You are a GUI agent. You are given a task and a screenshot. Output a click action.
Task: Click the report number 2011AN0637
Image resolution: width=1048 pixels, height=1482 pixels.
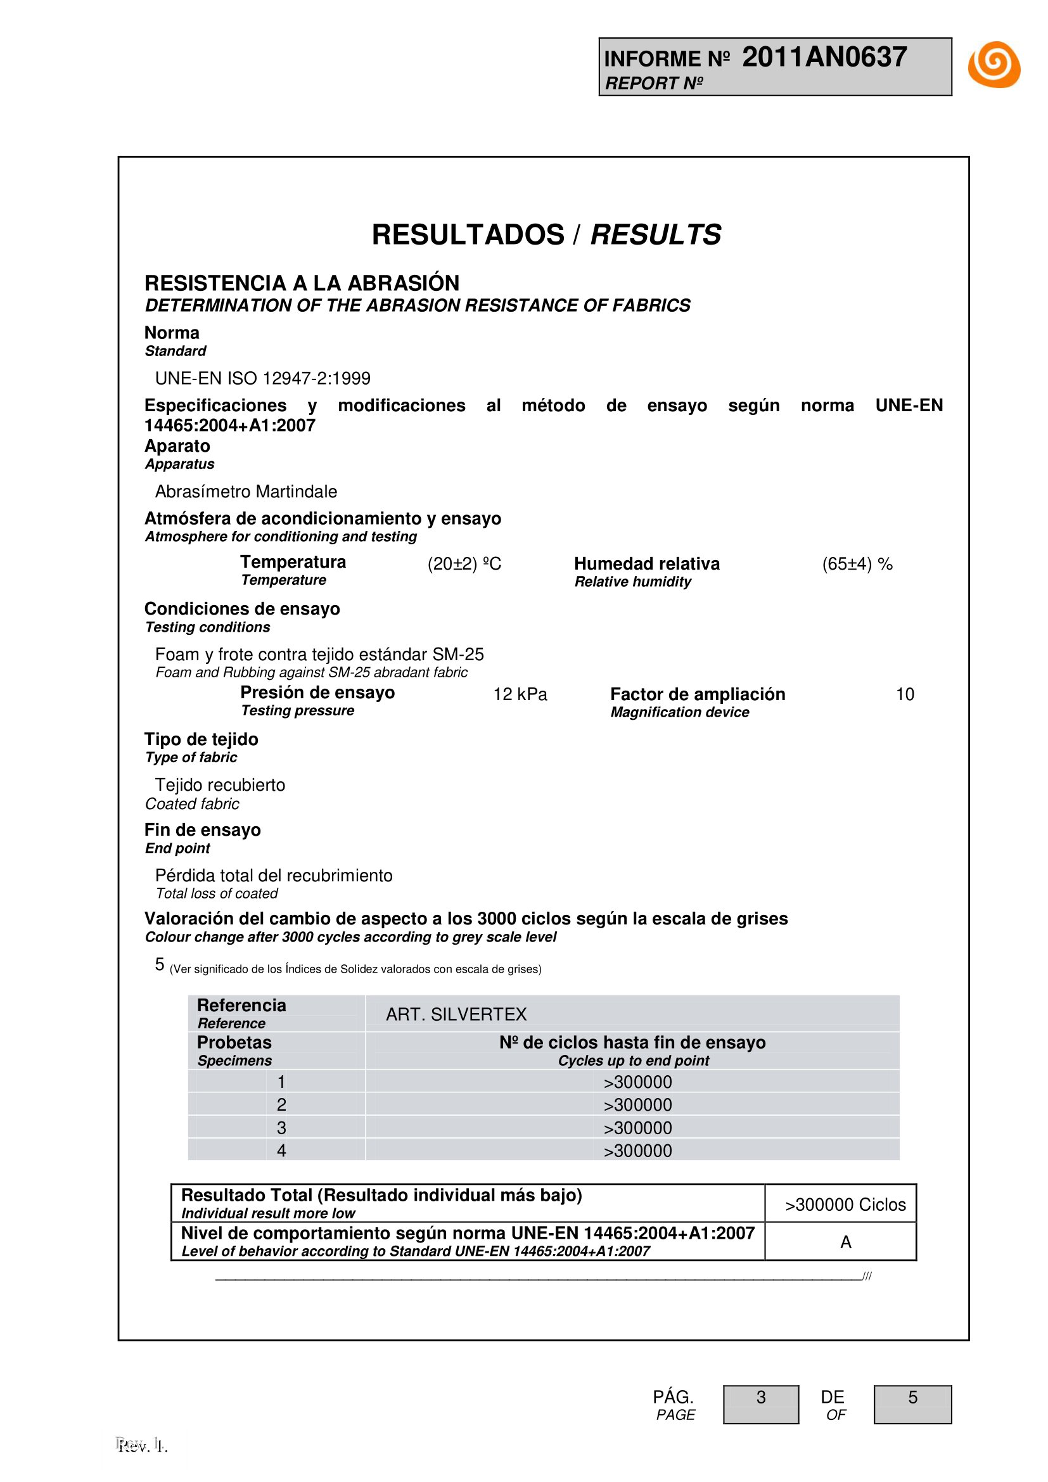[x=824, y=57]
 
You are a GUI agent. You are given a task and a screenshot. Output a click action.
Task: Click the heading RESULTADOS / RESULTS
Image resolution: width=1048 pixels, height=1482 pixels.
[x=546, y=234]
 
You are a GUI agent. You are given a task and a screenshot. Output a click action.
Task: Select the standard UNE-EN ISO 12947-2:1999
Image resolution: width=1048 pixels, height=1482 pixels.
[x=263, y=378]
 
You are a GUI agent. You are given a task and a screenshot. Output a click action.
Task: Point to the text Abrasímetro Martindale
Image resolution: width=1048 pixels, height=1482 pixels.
[x=246, y=491]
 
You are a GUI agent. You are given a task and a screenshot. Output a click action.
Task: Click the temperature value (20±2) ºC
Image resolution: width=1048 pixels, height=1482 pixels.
[x=464, y=563]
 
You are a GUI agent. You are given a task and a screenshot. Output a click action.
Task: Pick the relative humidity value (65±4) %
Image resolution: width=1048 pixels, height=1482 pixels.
[x=857, y=563]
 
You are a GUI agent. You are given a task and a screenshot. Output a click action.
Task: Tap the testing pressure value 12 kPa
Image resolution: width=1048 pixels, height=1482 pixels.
[x=520, y=694]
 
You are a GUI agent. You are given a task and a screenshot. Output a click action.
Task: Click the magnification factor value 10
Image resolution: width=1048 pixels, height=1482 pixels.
[x=905, y=694]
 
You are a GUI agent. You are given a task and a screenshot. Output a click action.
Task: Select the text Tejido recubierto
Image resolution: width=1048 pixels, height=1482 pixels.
[x=220, y=785]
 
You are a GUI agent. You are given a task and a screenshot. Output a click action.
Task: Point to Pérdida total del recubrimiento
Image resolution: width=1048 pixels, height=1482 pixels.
[x=274, y=875]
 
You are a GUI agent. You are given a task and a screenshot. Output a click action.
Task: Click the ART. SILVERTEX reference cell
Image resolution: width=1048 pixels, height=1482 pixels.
[x=456, y=1014]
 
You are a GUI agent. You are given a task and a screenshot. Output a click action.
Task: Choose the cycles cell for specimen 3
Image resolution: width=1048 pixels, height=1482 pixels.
[x=637, y=1128]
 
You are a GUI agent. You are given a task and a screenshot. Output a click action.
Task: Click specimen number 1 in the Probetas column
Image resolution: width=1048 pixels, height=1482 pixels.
[x=281, y=1082]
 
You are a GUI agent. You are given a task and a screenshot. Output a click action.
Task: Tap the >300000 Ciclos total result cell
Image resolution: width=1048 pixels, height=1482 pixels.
[x=845, y=1204]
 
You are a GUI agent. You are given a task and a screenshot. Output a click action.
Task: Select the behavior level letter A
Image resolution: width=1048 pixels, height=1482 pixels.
[x=845, y=1242]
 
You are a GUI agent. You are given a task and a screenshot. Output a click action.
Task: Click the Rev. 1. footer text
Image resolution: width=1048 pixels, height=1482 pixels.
[x=142, y=1446]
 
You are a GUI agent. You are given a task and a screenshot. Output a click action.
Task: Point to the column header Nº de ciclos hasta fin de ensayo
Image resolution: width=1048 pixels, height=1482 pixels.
[x=632, y=1042]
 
